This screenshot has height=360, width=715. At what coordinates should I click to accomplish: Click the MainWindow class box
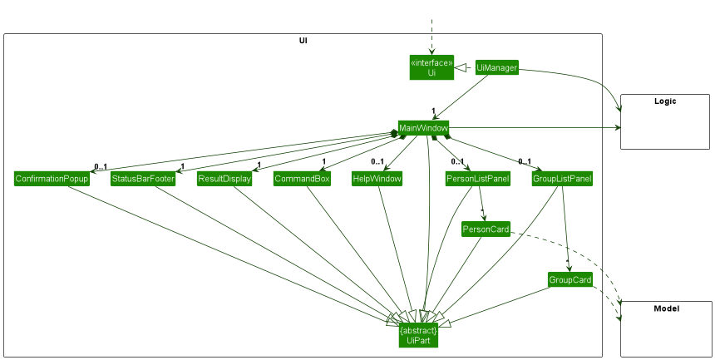pyautogui.click(x=423, y=128)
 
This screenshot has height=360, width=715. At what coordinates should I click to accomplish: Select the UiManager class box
pyautogui.click(x=497, y=68)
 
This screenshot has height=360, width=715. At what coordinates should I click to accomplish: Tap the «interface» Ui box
pyautogui.click(x=431, y=67)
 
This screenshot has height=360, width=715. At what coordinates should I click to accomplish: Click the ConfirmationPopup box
pyautogui.click(x=52, y=179)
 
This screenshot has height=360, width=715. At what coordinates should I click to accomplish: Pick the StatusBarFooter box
pyautogui.click(x=143, y=179)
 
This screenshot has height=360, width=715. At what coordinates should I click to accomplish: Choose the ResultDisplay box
pyautogui.click(x=224, y=179)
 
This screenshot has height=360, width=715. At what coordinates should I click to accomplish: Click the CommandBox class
pyautogui.click(x=302, y=179)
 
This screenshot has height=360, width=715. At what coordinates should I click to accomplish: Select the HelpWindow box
pyautogui.click(x=377, y=179)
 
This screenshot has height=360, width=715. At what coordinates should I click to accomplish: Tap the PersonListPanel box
pyautogui.click(x=478, y=179)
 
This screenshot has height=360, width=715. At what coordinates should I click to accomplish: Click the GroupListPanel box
pyautogui.click(x=562, y=179)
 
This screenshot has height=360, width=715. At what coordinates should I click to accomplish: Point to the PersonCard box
pyautogui.click(x=486, y=229)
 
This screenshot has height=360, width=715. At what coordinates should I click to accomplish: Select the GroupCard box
pyautogui.click(x=570, y=280)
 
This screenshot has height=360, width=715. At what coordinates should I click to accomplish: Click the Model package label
pyautogui.click(x=666, y=308)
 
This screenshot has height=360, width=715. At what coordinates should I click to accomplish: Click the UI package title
pyautogui.click(x=304, y=40)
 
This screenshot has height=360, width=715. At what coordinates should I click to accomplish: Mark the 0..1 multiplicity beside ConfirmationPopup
pyautogui.click(x=101, y=166)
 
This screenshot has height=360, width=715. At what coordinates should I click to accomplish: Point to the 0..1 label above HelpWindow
pyautogui.click(x=377, y=161)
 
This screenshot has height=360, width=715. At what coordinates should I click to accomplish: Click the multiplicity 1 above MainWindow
pyautogui.click(x=433, y=111)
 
